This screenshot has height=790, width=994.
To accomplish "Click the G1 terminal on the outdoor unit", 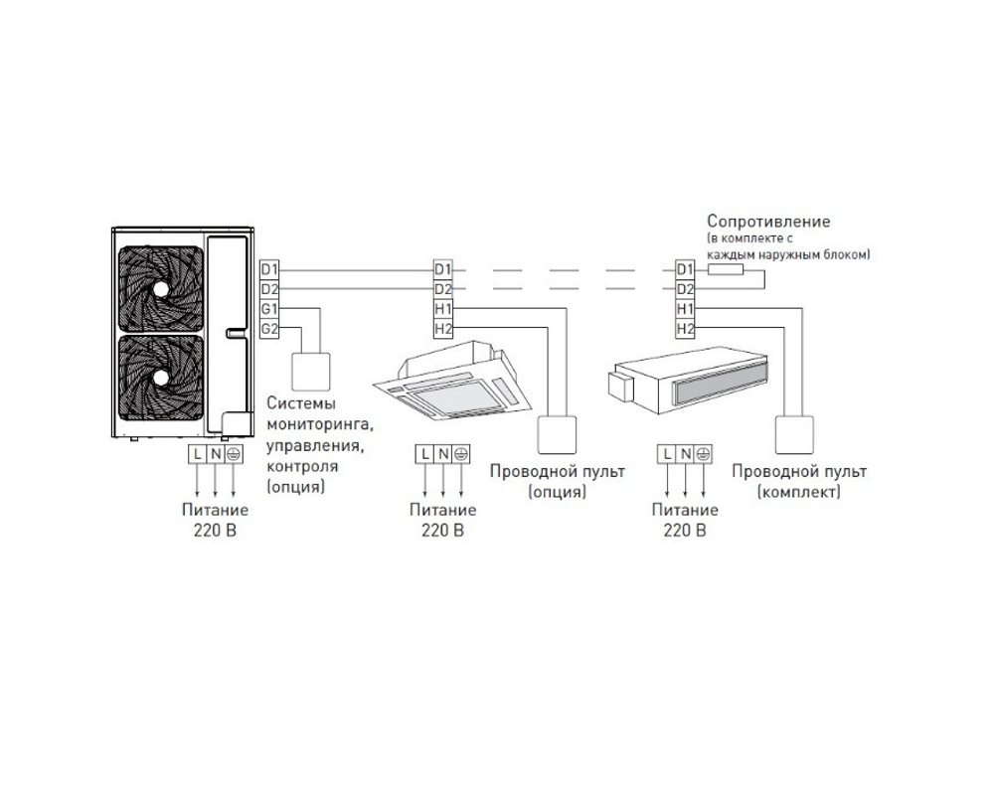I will click(269, 309).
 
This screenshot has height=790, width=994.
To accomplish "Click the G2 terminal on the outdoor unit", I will click(269, 329).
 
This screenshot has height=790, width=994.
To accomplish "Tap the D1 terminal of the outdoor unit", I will click(269, 269).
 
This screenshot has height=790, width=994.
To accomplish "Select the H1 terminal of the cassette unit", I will click(443, 309).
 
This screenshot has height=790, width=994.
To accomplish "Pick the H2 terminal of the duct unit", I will click(685, 329).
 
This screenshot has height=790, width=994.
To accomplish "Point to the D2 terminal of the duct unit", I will click(685, 289).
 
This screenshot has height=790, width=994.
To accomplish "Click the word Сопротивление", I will click(767, 221).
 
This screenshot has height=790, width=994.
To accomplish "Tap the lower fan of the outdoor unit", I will click(160, 382).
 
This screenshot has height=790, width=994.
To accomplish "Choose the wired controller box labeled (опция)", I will click(557, 434).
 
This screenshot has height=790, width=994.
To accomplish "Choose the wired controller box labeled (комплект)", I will click(796, 434).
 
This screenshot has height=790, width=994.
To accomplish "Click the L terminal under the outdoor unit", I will click(196, 454).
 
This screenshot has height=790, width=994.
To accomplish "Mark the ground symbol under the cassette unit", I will click(461, 454).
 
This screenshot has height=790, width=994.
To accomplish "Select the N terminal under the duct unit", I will click(685, 454).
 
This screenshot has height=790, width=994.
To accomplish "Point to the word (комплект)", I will click(798, 492).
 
